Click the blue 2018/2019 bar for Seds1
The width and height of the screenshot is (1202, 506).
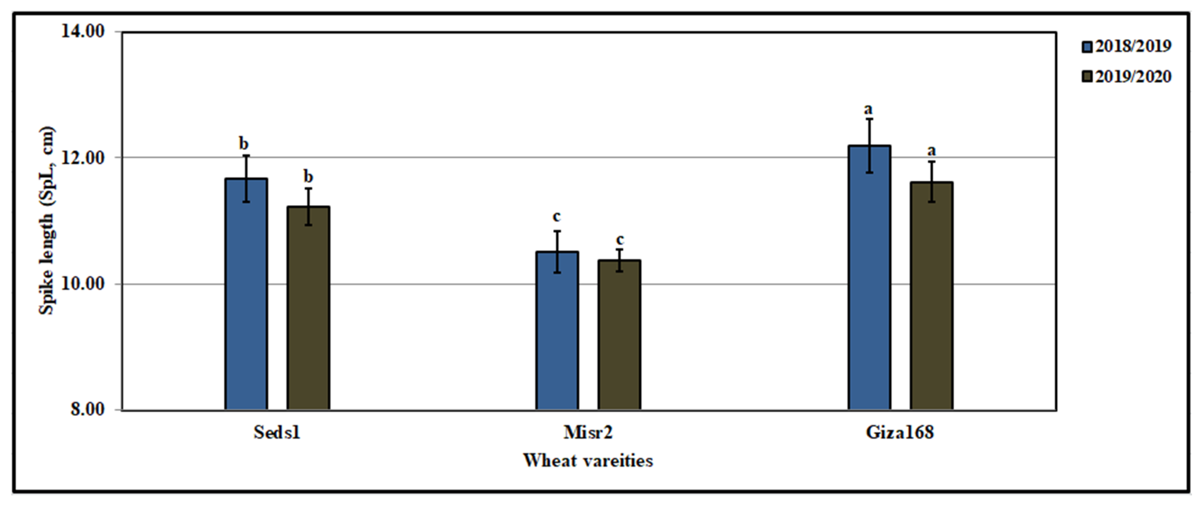[x=246, y=294]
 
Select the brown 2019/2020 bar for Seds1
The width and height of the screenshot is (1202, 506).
[x=308, y=308]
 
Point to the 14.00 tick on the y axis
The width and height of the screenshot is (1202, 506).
[x=83, y=32]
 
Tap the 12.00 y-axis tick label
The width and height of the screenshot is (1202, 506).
[x=83, y=158]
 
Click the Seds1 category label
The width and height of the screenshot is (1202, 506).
[x=277, y=432]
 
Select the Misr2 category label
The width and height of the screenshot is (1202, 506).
[x=588, y=432]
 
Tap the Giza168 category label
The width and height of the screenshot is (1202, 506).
[x=900, y=432]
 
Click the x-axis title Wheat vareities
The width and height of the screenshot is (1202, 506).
[x=588, y=460]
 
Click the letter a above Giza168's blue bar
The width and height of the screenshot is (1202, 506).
[x=868, y=109]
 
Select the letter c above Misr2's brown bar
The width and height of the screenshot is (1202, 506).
[x=619, y=240]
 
